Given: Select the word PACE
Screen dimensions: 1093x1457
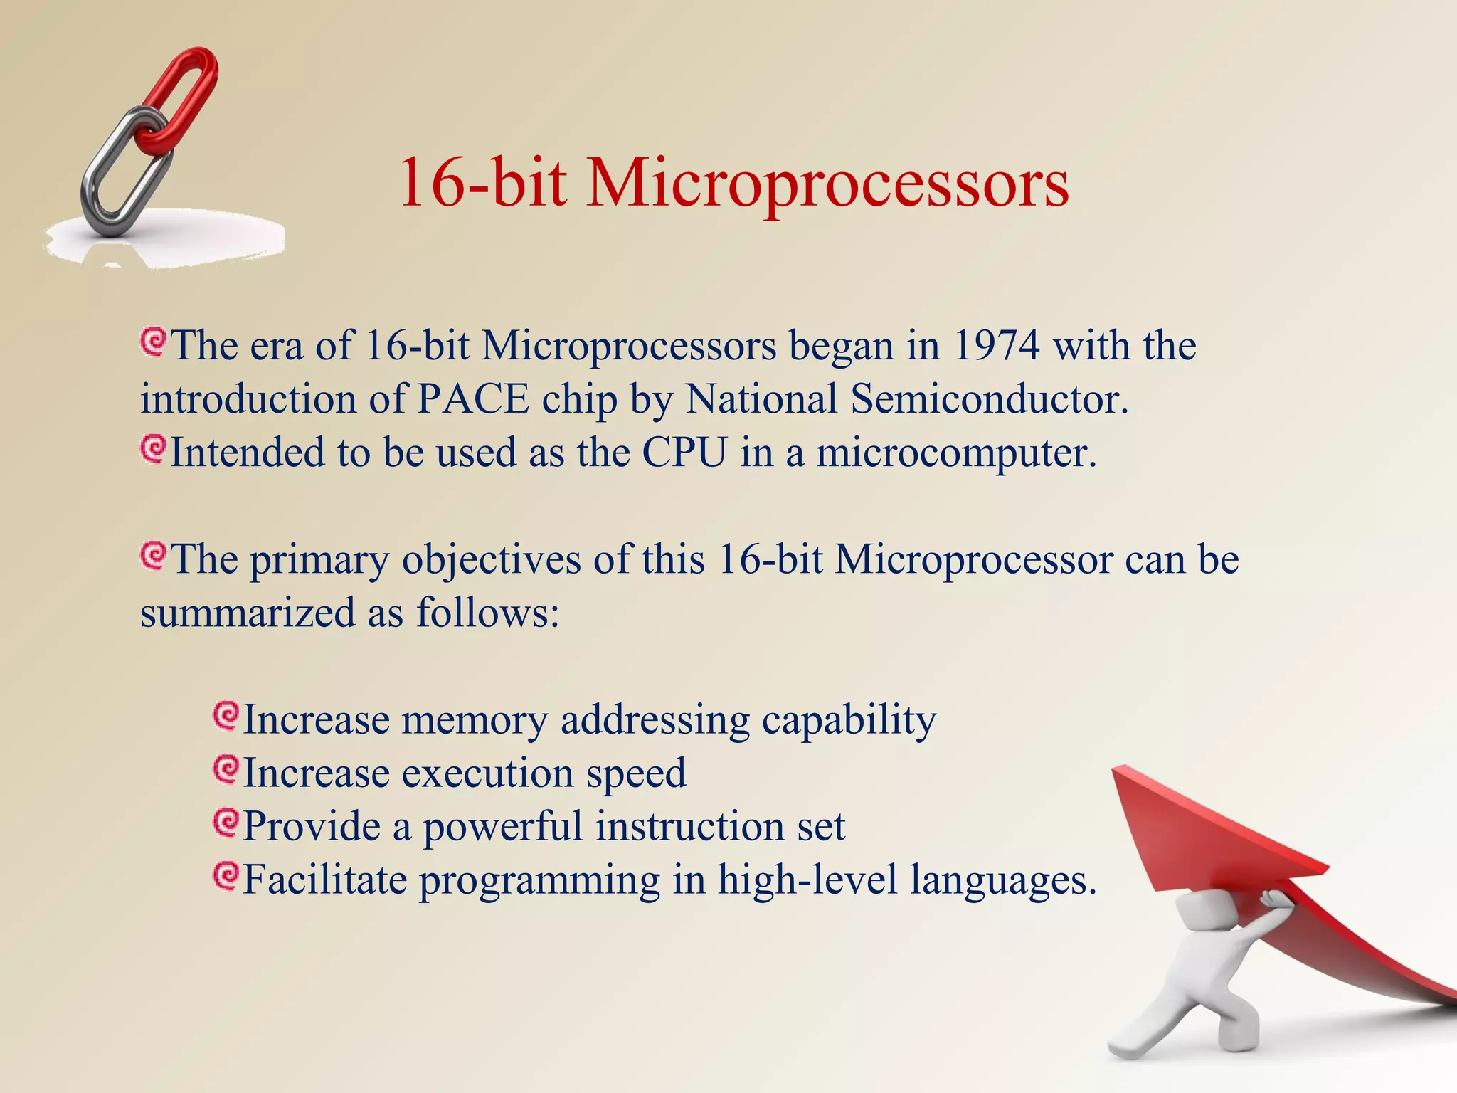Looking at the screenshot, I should [473, 399].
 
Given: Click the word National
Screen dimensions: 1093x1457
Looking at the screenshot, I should [761, 399].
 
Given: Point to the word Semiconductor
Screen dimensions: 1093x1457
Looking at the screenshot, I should [989, 399].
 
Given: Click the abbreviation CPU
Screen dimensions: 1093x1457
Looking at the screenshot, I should [685, 453].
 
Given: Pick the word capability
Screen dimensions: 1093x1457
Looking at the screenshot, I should [849, 720].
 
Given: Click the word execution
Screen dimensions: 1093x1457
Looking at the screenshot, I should [487, 773].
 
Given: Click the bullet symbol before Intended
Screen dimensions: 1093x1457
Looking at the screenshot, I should [153, 449].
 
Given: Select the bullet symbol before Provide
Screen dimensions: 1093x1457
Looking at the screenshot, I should [226, 823].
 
